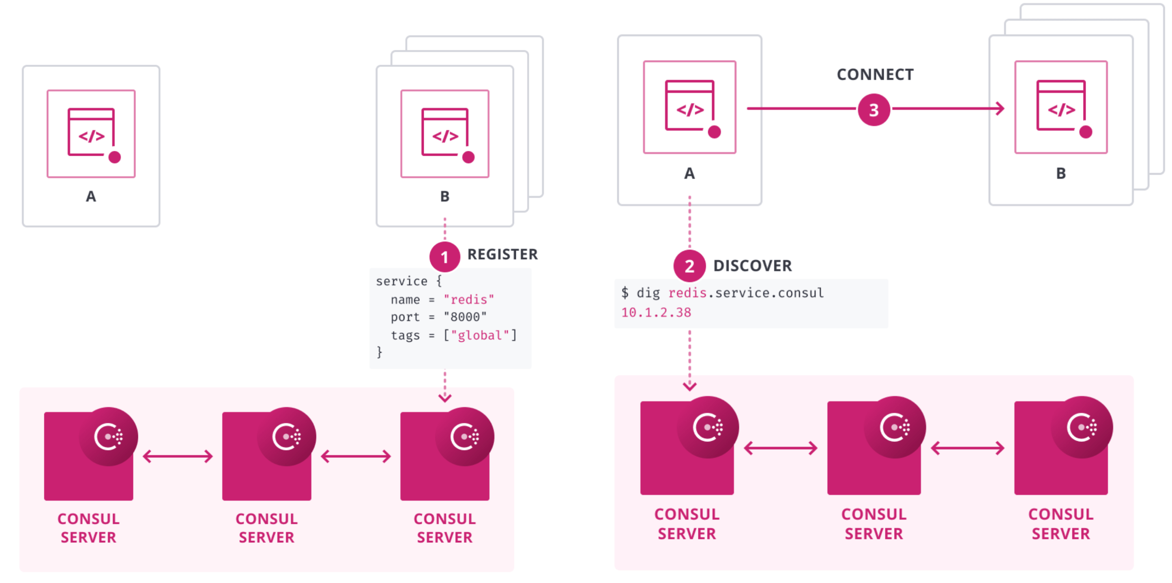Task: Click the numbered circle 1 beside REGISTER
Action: click(x=444, y=257)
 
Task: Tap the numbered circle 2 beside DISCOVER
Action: click(x=689, y=266)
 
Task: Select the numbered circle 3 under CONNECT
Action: click(x=874, y=109)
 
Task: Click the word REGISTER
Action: click(x=502, y=254)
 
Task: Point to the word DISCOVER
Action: click(x=752, y=266)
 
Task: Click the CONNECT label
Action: click(x=875, y=75)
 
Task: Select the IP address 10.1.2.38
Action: click(x=656, y=313)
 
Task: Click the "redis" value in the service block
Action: click(x=469, y=299)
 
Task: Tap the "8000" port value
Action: click(x=465, y=317)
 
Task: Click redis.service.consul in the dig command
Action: click(x=746, y=293)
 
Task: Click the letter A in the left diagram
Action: click(x=91, y=197)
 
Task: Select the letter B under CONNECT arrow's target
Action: click(x=1060, y=173)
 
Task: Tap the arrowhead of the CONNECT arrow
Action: click(x=1000, y=109)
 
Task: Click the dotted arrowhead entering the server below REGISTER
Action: click(x=444, y=397)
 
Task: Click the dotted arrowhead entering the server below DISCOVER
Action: click(x=689, y=386)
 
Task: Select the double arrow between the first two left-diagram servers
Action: click(x=178, y=456)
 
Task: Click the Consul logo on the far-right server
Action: click(x=1082, y=427)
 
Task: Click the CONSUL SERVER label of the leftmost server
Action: click(x=88, y=527)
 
